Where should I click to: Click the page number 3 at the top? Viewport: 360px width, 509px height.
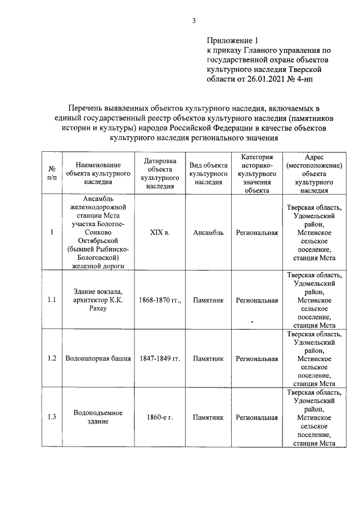click(193, 21)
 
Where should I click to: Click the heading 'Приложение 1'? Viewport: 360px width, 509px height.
click(232, 40)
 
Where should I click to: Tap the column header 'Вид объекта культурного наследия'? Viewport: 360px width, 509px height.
click(208, 173)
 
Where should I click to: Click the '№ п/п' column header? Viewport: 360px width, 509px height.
click(52, 173)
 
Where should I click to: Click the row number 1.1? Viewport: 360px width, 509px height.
click(52, 300)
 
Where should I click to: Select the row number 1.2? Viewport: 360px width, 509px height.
click(52, 358)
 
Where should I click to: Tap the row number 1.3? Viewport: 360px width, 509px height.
click(52, 417)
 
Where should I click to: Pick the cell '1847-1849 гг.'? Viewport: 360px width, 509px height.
click(159, 358)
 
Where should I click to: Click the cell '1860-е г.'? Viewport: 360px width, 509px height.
click(159, 417)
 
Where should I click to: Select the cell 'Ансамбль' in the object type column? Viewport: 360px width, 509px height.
click(208, 232)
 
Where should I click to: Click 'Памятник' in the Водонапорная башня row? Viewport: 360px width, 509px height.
click(208, 358)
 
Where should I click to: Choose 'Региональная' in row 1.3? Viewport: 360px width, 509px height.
click(256, 417)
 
